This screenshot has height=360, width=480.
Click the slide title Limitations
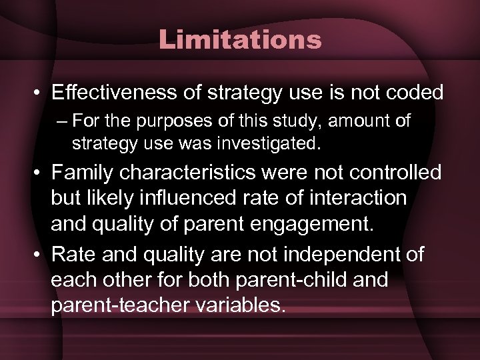pyautogui.click(x=240, y=40)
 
